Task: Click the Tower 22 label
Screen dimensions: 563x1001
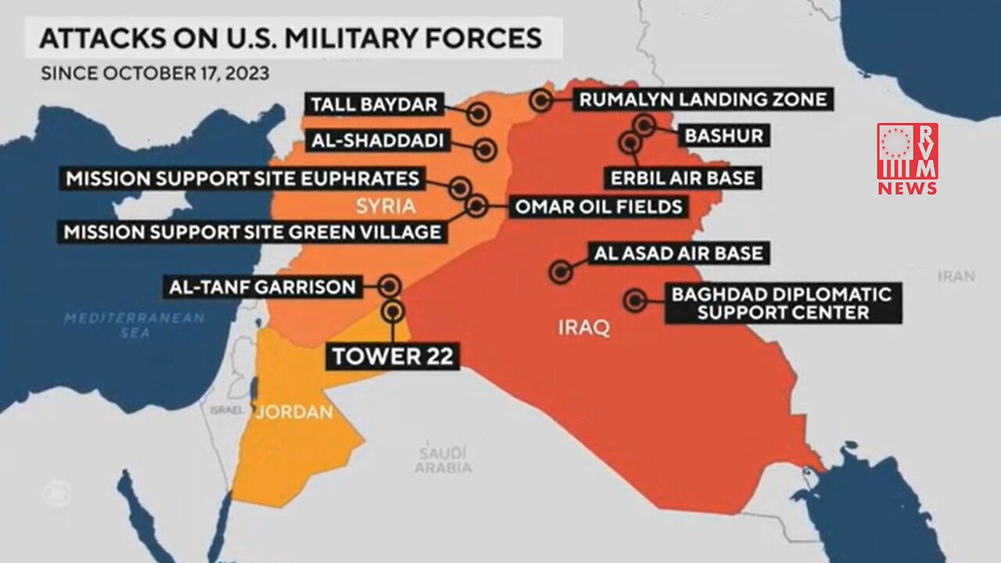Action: click(x=393, y=357)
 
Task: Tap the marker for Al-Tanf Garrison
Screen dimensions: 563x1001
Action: click(x=390, y=286)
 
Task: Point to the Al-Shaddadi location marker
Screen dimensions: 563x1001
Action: click(x=486, y=149)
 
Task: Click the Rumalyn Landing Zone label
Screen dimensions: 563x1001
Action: click(x=701, y=100)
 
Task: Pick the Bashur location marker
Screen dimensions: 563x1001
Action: click(x=644, y=125)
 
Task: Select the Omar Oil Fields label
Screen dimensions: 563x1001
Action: click(x=598, y=207)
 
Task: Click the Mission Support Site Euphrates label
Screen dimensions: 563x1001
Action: click(x=242, y=178)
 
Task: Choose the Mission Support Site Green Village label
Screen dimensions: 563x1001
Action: click(x=252, y=232)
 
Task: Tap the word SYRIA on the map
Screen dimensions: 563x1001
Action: click(x=384, y=206)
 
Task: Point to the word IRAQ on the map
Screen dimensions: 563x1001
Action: click(x=583, y=328)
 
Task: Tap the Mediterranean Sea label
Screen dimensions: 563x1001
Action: click(x=134, y=325)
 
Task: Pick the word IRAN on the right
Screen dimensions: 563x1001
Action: click(x=956, y=276)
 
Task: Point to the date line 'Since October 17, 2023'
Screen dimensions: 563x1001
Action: click(x=155, y=74)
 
